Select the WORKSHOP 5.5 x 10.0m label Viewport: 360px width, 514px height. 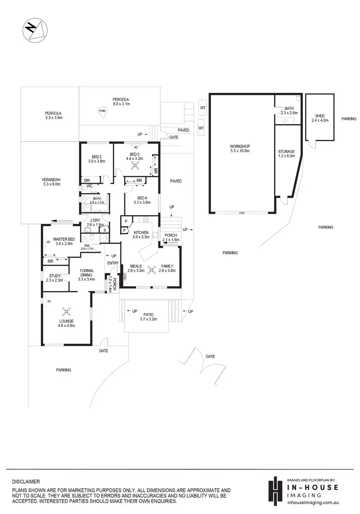240,148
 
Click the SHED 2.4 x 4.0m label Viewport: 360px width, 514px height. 320,118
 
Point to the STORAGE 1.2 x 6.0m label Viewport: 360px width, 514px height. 286,154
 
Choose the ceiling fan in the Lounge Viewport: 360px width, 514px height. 66,311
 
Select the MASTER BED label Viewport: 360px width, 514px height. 63,242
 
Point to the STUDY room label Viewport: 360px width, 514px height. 54,278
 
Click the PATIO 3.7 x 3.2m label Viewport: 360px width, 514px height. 148,317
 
